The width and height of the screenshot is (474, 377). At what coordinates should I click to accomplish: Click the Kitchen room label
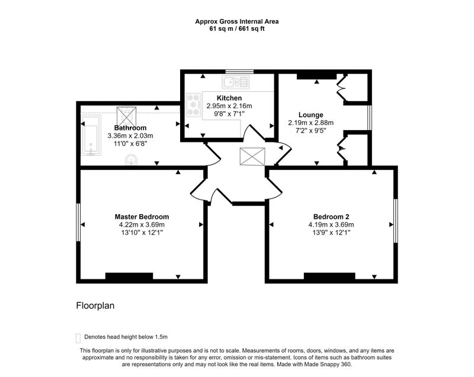coord(229,98)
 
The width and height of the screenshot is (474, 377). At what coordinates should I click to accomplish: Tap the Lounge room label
coord(310,115)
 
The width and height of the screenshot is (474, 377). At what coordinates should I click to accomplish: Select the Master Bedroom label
coord(142,217)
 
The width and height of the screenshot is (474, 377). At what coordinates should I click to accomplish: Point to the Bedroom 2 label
coord(331,217)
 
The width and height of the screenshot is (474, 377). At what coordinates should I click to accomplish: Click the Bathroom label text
coord(130,128)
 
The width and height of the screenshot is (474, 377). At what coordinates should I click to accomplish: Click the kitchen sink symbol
coord(236,82)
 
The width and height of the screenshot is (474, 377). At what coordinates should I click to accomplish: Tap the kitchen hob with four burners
coord(194,105)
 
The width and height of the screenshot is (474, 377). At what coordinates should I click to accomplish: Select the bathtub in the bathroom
coord(91,136)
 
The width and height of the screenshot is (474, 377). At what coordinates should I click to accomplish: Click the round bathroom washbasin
coord(131,160)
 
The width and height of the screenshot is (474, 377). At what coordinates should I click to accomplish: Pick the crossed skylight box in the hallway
coord(252,156)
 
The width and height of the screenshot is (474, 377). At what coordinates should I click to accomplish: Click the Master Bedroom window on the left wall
coord(78,222)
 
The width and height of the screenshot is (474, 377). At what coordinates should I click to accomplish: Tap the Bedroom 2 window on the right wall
coord(396,221)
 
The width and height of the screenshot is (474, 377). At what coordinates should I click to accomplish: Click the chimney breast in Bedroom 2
coord(329,276)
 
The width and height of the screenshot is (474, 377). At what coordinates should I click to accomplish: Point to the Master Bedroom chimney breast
coord(129,276)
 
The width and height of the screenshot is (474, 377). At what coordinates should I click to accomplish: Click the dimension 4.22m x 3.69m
coord(142,224)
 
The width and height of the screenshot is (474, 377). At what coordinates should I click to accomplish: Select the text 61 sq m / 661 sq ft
coord(237,29)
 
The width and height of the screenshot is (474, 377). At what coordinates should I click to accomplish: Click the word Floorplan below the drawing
coord(95,306)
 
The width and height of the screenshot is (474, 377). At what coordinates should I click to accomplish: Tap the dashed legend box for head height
coord(78,338)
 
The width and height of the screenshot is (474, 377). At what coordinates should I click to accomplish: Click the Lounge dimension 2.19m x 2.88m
coord(310,123)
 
